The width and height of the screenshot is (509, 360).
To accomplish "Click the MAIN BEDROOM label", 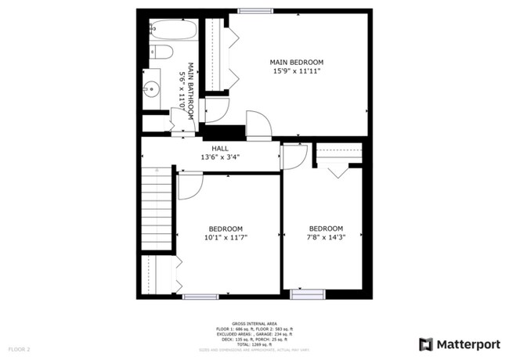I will [x=296, y=62].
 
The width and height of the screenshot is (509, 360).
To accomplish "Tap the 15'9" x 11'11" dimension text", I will [x=296, y=71].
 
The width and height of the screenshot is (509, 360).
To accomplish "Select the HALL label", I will [x=220, y=147].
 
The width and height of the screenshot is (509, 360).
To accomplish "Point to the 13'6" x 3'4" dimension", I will [x=220, y=157].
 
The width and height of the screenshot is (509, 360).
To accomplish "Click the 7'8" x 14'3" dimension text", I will [x=325, y=238].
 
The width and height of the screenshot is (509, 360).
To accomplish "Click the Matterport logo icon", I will [x=425, y=344].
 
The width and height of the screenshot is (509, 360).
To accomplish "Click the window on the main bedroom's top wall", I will [x=250, y=10].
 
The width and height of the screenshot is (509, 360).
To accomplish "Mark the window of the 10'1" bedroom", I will [x=200, y=296].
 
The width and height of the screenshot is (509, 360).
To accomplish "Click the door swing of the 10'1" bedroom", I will [x=190, y=185].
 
